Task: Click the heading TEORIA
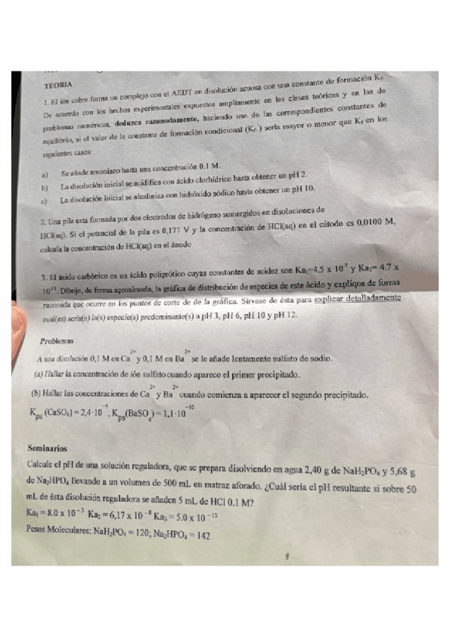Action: pyautogui.click(x=59, y=86)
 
